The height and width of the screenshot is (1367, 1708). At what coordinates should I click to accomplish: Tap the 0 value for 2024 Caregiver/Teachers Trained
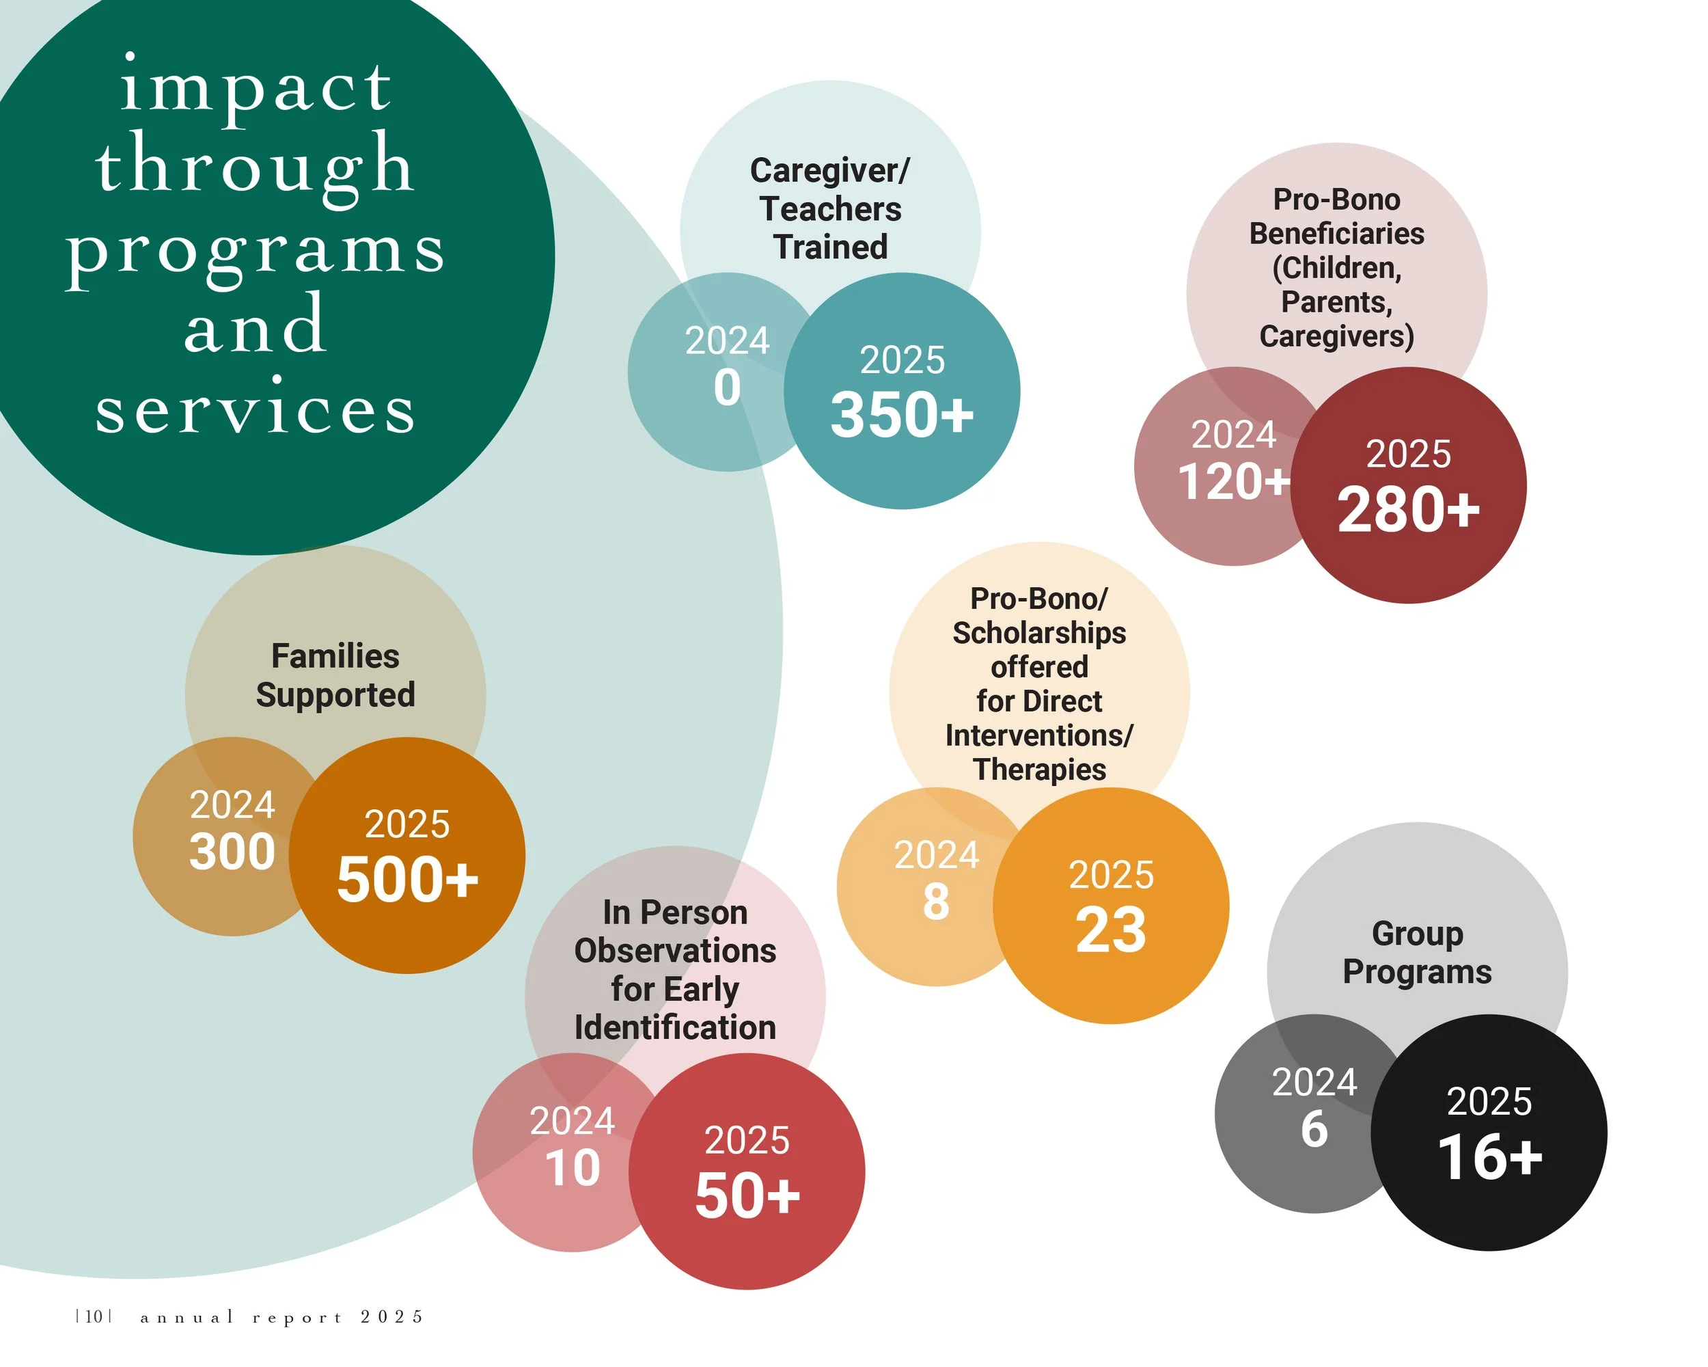pos(727,388)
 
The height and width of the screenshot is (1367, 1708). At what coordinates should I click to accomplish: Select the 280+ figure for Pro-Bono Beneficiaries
pos(1408,510)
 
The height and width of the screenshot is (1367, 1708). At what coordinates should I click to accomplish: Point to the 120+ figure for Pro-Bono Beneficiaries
pos(1233,481)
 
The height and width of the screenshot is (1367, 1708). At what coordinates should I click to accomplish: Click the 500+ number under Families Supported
pos(407,880)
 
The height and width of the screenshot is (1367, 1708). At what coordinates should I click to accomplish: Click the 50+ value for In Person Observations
pos(747,1195)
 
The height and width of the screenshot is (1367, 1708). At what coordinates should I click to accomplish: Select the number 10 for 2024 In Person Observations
pos(573,1167)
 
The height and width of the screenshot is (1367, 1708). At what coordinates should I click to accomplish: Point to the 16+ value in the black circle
pos(1489,1157)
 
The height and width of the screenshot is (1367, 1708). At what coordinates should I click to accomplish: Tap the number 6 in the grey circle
pos(1314,1128)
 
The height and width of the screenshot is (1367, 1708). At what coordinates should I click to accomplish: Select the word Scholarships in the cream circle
pos(1038,633)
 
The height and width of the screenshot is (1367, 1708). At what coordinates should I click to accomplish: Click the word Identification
pos(675,1027)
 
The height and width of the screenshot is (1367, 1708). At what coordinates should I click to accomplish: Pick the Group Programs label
pos(1416,953)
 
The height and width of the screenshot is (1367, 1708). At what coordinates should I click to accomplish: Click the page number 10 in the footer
pos(94,1316)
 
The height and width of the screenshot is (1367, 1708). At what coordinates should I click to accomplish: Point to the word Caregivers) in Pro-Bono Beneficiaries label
pos(1336,336)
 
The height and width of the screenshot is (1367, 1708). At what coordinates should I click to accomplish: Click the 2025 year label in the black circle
pos(1489,1102)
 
